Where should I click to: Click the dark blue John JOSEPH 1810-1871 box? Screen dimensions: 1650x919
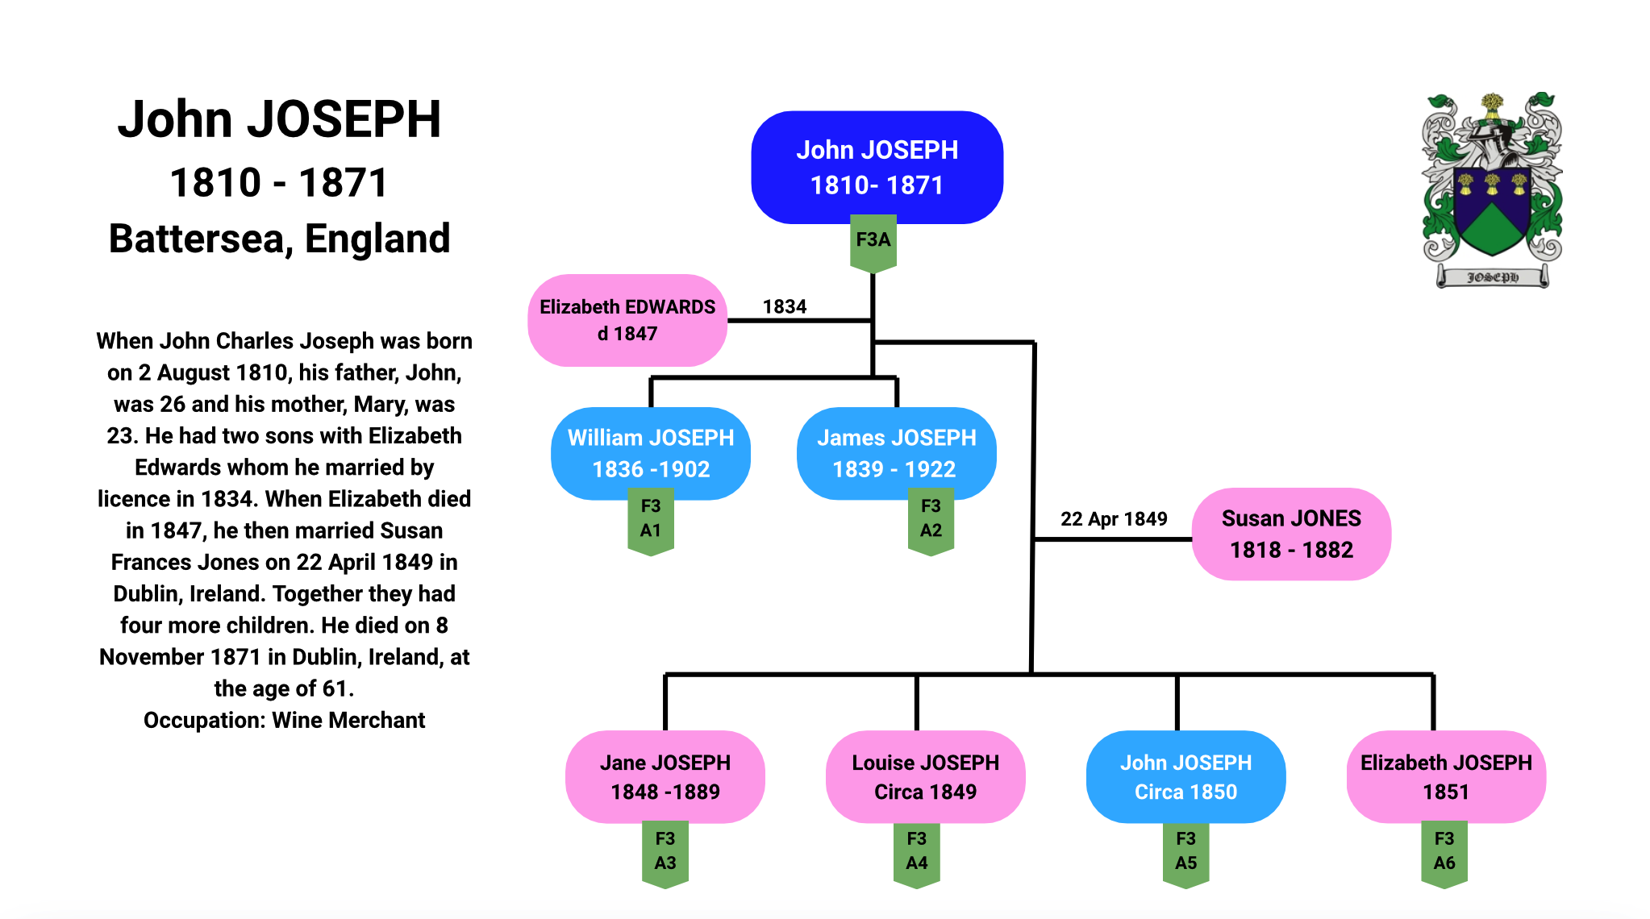click(x=877, y=167)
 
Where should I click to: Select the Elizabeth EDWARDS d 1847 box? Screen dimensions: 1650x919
click(x=627, y=320)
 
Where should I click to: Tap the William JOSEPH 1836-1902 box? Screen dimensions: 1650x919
click(x=651, y=453)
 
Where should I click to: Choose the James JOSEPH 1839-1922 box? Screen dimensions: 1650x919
click(x=896, y=453)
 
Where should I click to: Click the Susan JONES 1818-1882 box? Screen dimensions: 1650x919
click(x=1291, y=534)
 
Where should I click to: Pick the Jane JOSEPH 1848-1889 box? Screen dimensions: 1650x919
click(x=665, y=777)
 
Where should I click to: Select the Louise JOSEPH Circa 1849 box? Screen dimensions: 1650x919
click(x=925, y=777)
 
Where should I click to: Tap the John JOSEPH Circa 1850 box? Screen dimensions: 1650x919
click(x=1185, y=777)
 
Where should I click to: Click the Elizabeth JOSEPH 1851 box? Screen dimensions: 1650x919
click(x=1446, y=777)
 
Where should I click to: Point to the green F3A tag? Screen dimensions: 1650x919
click(x=873, y=243)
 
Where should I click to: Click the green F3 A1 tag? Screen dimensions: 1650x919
click(x=651, y=526)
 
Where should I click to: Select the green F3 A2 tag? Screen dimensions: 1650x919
click(x=931, y=526)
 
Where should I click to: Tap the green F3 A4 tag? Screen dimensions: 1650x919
click(x=917, y=855)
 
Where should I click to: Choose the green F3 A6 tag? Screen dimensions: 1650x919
click(x=1444, y=855)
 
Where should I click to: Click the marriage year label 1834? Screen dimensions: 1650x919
click(x=785, y=306)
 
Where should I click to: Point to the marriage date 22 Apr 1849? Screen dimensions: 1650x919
click(x=1114, y=518)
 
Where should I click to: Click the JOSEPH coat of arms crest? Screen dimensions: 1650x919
click(x=1492, y=190)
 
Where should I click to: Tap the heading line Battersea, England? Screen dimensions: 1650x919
click(x=280, y=239)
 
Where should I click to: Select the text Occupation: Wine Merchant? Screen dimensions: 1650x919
click(x=284, y=720)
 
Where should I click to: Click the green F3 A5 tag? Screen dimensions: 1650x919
click(x=1185, y=855)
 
